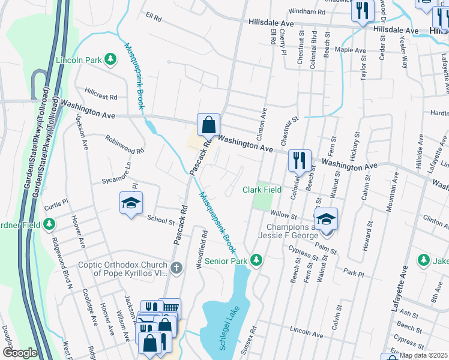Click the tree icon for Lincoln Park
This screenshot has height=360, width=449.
(x=110, y=59)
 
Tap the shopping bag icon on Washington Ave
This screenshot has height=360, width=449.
(x=208, y=125)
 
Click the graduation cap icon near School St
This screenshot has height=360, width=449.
(x=131, y=204)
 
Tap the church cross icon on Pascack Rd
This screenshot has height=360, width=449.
(x=176, y=268)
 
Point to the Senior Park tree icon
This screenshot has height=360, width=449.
(x=256, y=260)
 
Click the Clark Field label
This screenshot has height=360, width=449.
(x=262, y=190)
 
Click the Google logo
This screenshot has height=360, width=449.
(x=19, y=353)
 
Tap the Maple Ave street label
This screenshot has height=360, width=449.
(x=350, y=50)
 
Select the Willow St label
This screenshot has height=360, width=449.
(x=283, y=214)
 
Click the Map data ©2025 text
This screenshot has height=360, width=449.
(x=423, y=355)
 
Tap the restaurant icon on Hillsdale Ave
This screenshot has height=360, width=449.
(x=362, y=11)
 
